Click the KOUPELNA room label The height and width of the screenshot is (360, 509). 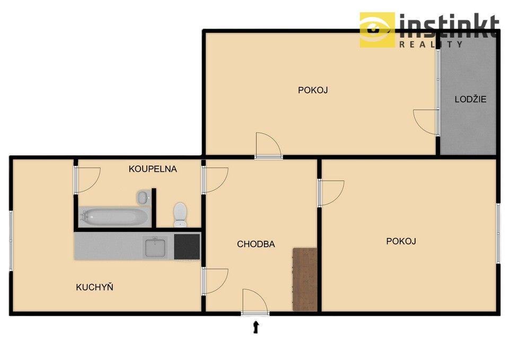(x=153, y=169)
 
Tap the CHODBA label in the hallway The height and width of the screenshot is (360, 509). (x=256, y=244)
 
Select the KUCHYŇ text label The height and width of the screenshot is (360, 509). (x=95, y=287)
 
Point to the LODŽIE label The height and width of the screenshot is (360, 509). (x=470, y=99)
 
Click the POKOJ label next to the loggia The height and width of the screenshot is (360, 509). (x=313, y=90)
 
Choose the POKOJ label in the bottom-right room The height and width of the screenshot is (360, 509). (x=401, y=241)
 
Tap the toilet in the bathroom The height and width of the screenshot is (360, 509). (x=180, y=213)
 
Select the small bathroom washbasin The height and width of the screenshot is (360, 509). (x=143, y=198)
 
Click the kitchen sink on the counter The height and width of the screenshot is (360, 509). (x=155, y=247)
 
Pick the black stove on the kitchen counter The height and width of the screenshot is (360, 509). (x=187, y=247)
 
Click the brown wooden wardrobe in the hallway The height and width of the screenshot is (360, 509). (x=305, y=279)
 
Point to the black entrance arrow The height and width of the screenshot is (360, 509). (x=257, y=327)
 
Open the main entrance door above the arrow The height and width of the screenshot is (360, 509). (x=255, y=303)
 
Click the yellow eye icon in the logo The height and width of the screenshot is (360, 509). (x=377, y=30)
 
